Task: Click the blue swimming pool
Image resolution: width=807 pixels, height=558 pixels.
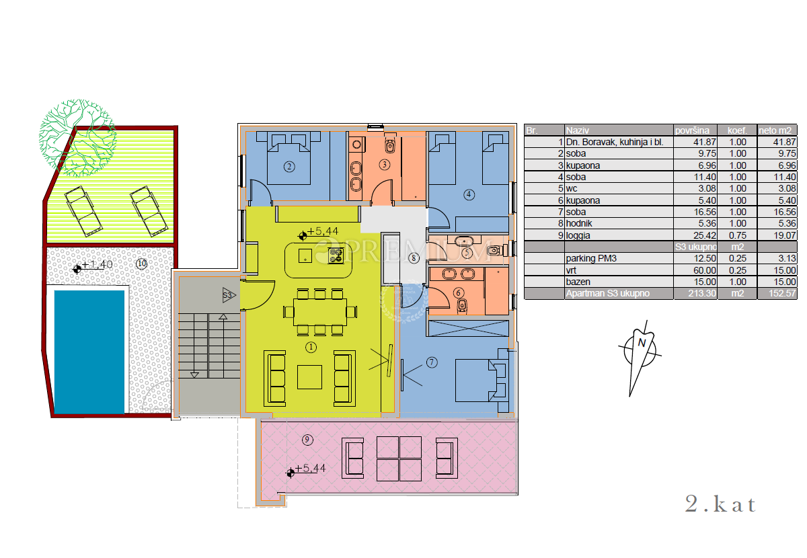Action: point(89,352)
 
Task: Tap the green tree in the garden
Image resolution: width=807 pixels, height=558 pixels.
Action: point(78,138)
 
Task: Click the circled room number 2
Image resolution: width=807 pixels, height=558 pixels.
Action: point(289,167)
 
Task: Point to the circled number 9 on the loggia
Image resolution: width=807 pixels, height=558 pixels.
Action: point(307,440)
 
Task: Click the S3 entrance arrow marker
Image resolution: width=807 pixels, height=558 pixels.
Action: point(229,295)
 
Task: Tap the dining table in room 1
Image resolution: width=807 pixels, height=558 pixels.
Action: point(320,312)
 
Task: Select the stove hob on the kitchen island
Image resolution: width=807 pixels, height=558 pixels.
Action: point(336,255)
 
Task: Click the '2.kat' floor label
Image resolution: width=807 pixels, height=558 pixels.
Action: point(720,504)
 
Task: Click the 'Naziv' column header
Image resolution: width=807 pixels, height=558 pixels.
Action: point(577,130)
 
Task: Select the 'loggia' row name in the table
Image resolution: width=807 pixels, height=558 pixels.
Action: point(578,235)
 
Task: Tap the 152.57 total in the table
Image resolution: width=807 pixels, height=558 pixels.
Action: point(781,293)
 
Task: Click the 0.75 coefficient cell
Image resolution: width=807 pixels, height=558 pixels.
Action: point(738,235)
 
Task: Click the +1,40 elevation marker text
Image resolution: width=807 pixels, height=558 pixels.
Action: point(97,264)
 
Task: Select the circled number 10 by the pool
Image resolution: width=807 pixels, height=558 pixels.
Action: point(142,264)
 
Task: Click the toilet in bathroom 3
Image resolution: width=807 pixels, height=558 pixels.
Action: point(390,144)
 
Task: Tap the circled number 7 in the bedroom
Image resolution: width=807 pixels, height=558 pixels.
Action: point(432,362)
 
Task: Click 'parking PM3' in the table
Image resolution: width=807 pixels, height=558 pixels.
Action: point(591,258)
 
